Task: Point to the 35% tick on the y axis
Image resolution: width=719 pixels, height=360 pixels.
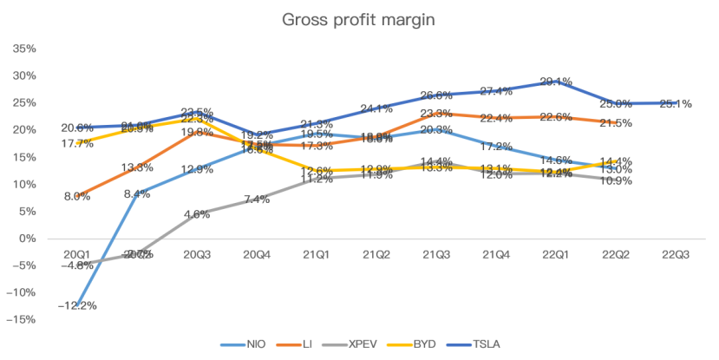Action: pos(26,49)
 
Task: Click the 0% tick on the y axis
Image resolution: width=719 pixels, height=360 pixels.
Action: pos(29,238)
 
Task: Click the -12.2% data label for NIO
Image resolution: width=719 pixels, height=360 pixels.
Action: pos(77,305)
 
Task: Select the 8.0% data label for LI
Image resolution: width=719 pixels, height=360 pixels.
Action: pos(77,196)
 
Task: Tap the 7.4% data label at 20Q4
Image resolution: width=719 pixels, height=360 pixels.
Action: pos(258,200)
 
